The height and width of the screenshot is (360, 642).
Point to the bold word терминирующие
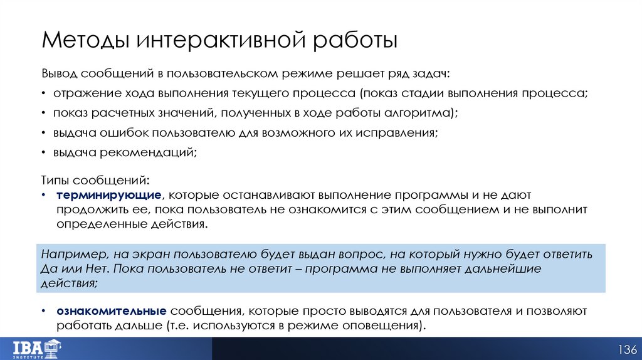pos(109,195)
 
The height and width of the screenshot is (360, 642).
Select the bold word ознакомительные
pos(111,312)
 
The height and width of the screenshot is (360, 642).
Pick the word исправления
pos(397,132)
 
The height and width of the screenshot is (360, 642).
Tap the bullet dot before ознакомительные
pos(45,312)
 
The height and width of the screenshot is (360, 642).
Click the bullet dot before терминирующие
pos(45,195)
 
